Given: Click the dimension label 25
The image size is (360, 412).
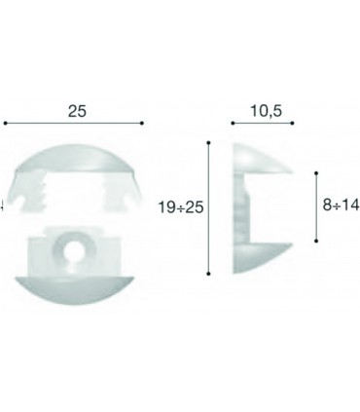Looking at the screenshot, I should click(x=75, y=112).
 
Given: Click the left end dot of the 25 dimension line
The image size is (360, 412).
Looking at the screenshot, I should click(x=6, y=124).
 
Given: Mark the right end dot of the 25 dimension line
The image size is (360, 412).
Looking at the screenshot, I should click(x=143, y=124).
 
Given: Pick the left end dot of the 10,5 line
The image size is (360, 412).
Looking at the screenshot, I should click(x=232, y=124).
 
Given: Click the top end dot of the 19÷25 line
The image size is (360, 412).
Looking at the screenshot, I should click(x=209, y=142).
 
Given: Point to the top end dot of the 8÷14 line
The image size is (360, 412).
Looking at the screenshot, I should click(x=316, y=172).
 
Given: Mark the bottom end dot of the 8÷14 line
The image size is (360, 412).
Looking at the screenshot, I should click(x=316, y=240).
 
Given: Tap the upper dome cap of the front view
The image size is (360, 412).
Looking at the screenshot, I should click(x=74, y=161).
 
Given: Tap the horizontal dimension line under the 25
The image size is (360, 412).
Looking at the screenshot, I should click(x=75, y=124).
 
